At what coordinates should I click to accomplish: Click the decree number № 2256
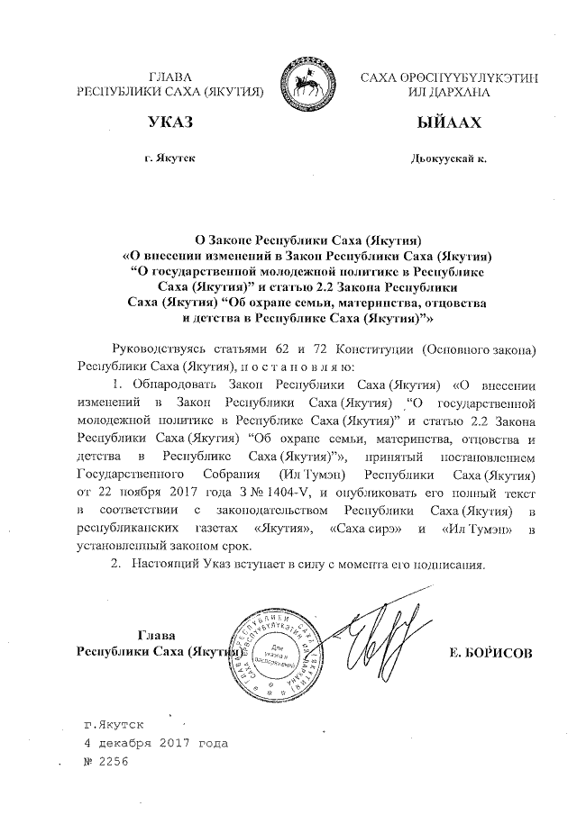[106, 762]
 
